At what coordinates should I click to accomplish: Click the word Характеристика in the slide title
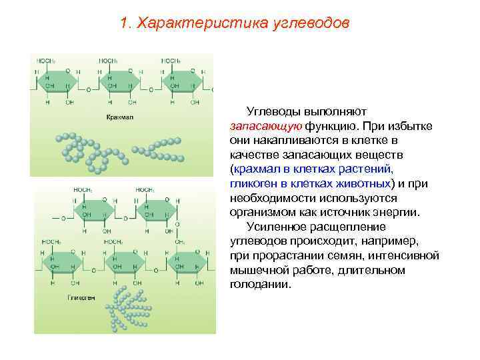[x=203, y=23]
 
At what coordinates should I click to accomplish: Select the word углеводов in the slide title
[x=311, y=23]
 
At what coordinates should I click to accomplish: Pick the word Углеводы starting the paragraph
[x=274, y=110]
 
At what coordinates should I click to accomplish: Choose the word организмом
[x=264, y=213]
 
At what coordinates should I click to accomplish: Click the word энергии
[x=396, y=213]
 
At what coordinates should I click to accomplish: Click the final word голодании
[x=260, y=285]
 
